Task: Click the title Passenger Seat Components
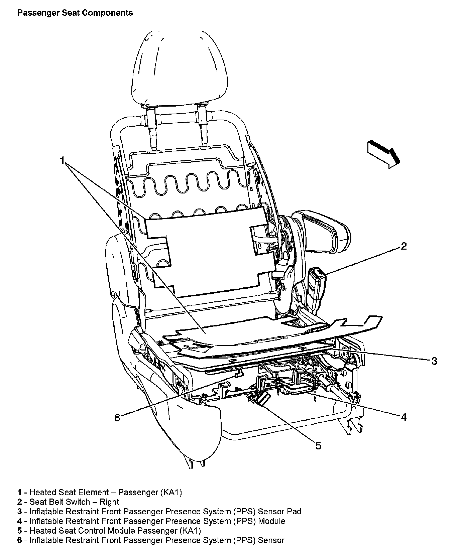pyautogui.click(x=75, y=13)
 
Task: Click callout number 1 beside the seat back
pyautogui.click(x=62, y=161)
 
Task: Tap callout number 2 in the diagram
pyautogui.click(x=404, y=246)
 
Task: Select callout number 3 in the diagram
pyautogui.click(x=434, y=361)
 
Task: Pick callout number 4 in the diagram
pyautogui.click(x=404, y=417)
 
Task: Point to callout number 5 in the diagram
pyautogui.click(x=318, y=445)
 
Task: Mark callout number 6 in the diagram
pyautogui.click(x=117, y=418)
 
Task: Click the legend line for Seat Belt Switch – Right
pyautogui.click(x=69, y=502)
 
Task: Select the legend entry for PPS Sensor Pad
pyautogui.click(x=159, y=511)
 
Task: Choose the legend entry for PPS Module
pyautogui.click(x=151, y=521)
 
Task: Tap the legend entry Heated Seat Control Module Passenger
pyautogui.click(x=109, y=530)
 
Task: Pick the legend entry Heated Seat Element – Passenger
pyautogui.click(x=100, y=492)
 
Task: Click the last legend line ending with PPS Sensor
pyautogui.click(x=150, y=540)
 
